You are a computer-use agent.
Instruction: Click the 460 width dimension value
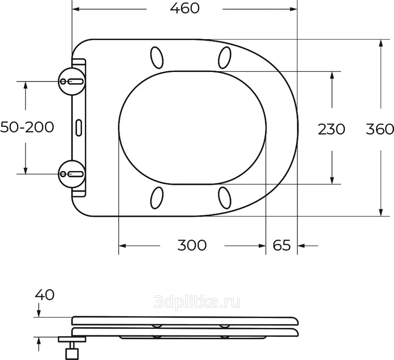185,9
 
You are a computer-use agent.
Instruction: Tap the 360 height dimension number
380,129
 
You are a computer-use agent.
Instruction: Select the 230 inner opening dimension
331,129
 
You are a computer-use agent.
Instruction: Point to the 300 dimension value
192,245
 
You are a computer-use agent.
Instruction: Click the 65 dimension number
282,245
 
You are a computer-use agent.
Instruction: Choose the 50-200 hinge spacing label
27,127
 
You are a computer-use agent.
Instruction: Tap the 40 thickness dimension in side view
45,295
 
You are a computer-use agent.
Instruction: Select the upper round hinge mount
72,81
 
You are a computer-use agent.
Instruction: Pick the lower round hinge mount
72,174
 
